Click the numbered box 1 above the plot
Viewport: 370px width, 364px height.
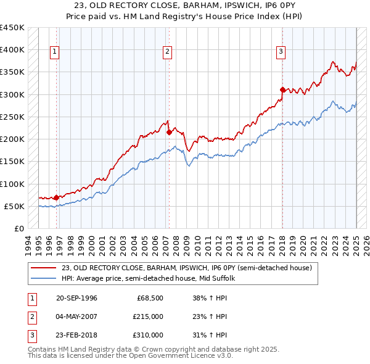(55, 52)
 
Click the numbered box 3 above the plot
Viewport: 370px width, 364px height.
(281, 52)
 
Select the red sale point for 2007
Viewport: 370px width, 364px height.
(169, 132)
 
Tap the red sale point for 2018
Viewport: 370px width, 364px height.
(282, 90)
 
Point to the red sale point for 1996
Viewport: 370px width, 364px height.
(57, 198)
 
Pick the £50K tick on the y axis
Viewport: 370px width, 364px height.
(15, 206)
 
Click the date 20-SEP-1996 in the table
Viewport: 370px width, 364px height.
(76, 298)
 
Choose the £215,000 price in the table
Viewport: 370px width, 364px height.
(148, 316)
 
